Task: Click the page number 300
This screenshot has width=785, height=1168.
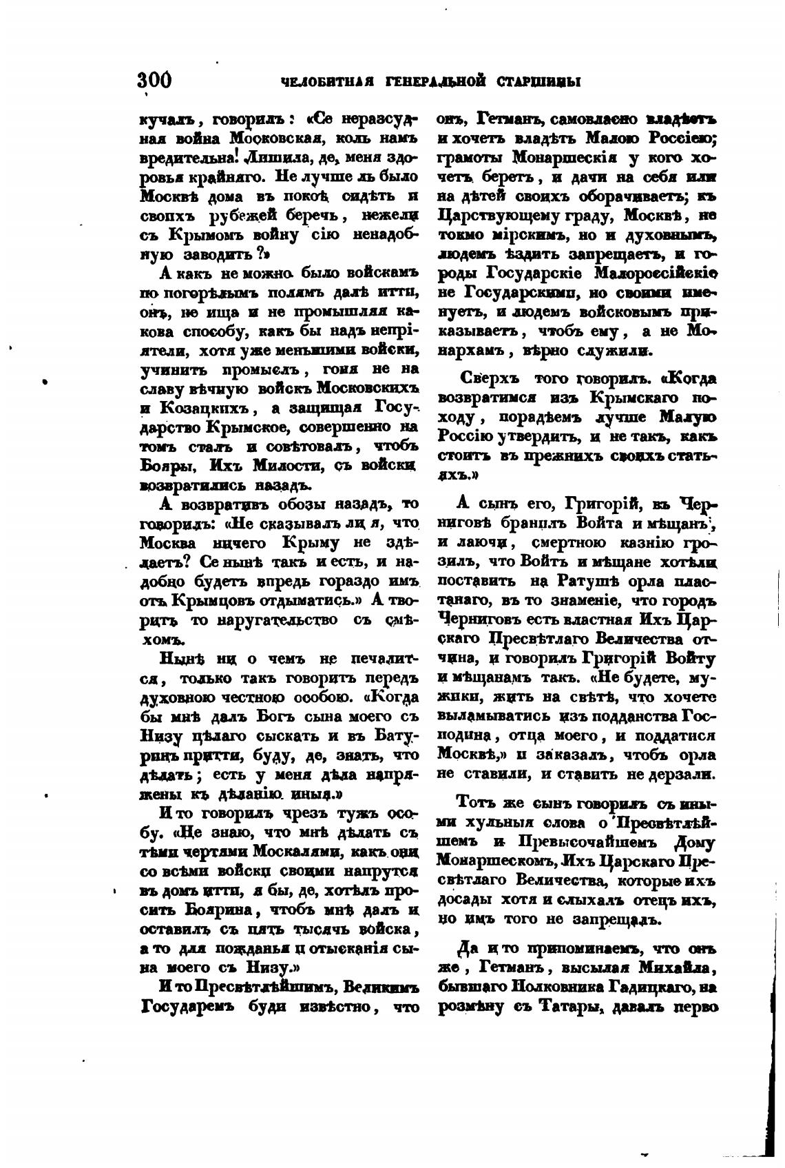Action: pyautogui.click(x=154, y=80)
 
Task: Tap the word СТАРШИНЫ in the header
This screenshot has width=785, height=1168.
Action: pyautogui.click(x=538, y=82)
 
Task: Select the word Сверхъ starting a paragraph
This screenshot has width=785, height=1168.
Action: pyautogui.click(x=490, y=378)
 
